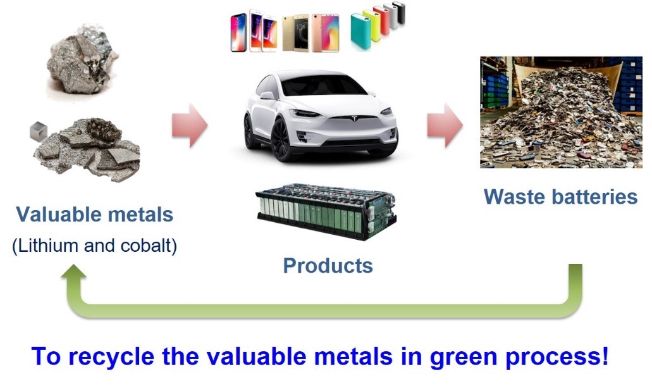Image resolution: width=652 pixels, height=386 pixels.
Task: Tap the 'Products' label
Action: [x=328, y=266]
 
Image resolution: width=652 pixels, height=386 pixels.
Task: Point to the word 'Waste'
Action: [x=513, y=197]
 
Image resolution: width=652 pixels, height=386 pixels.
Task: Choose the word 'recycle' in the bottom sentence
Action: [x=111, y=357]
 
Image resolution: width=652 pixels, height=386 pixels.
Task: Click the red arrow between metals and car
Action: [x=190, y=125]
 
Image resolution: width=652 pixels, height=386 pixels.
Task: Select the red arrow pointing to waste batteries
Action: [x=445, y=125]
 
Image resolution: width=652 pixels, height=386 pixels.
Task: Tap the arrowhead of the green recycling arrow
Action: [x=74, y=273]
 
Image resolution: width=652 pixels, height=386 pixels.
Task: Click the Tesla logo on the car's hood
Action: [x=354, y=118]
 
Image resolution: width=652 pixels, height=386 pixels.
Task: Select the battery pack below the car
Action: [x=326, y=211]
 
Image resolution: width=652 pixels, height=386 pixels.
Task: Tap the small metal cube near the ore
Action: [x=38, y=131]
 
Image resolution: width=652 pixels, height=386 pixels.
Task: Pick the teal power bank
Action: [x=360, y=32]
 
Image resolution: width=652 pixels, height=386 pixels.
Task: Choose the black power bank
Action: [x=401, y=13]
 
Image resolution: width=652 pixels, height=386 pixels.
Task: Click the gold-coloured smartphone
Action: [x=296, y=34]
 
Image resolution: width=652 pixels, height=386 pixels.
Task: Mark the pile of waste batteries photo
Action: [x=561, y=112]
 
